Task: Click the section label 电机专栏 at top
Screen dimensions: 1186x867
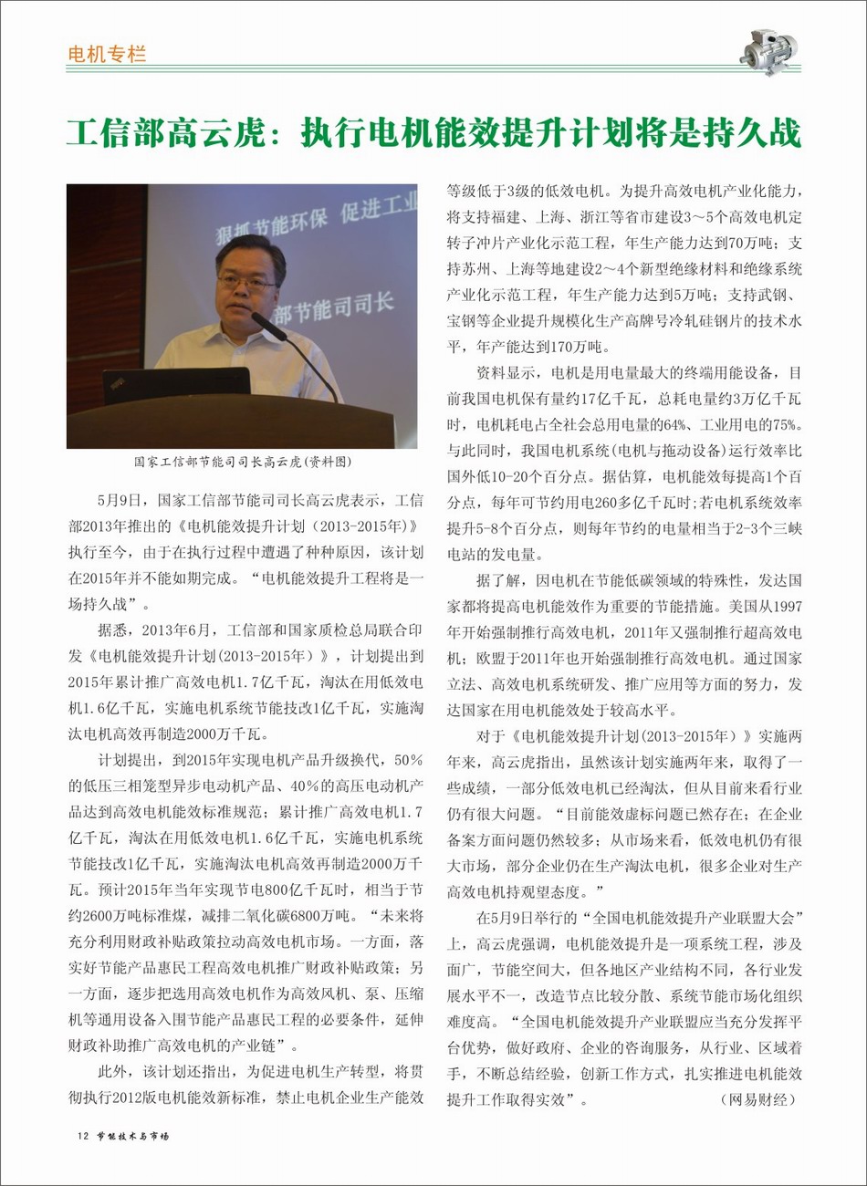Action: (x=107, y=54)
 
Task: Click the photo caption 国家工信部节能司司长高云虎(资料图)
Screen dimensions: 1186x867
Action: (x=242, y=463)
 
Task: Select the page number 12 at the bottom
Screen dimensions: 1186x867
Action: (x=83, y=1136)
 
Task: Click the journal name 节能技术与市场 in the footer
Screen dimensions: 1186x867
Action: (x=133, y=1136)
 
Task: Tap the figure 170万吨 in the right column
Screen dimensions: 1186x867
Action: (x=578, y=347)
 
